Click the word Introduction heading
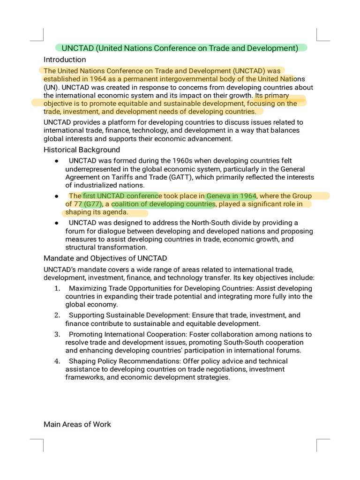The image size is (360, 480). click(65, 60)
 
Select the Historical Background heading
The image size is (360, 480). click(82, 150)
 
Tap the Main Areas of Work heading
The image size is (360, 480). click(77, 424)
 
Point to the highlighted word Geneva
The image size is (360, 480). click(219, 195)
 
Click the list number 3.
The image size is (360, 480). click(57, 334)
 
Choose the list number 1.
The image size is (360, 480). click(57, 288)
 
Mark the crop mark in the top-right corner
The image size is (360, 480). click(323, 35)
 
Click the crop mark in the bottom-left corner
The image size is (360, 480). click(37, 445)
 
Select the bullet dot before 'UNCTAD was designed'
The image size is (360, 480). click(56, 223)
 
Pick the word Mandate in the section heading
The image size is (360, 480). click(58, 258)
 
